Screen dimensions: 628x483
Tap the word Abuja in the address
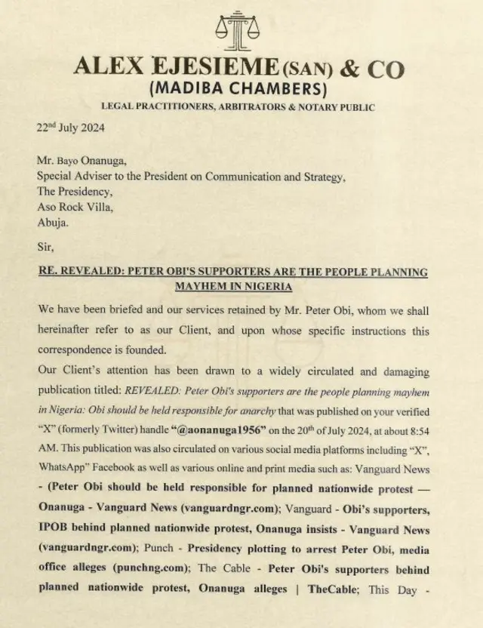[x=54, y=223]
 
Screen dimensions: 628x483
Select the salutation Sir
[x=45, y=245]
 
